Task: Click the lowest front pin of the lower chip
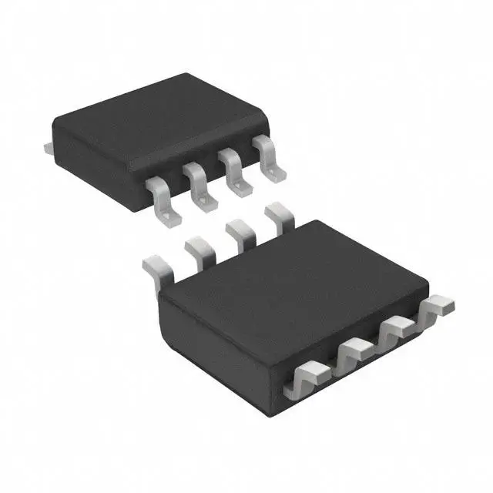click(x=306, y=381)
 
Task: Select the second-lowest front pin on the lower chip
click(x=354, y=354)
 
